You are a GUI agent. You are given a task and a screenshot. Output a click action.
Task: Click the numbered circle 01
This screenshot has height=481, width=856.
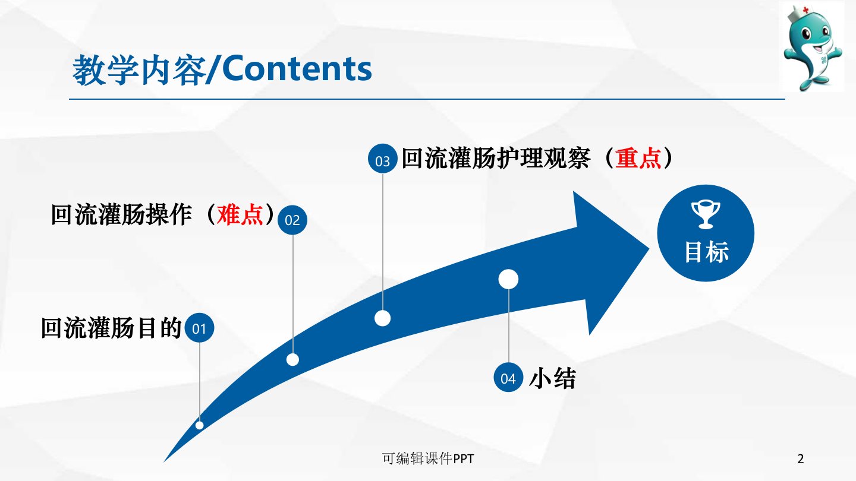point(199,328)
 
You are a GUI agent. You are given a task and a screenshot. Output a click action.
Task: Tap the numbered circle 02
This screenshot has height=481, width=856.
point(292,220)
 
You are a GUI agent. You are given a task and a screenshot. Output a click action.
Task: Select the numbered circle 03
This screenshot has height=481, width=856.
point(383,159)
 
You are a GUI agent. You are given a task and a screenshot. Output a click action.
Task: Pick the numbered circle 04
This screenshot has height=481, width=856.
point(508,378)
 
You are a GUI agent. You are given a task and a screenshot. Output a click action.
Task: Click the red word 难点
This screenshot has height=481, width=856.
point(240,215)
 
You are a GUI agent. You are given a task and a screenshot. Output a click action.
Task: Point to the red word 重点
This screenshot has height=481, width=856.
point(638,158)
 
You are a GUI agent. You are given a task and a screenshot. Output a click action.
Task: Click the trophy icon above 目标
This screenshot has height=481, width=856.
point(706,214)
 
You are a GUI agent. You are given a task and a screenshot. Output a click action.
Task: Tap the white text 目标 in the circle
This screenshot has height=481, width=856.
point(707,252)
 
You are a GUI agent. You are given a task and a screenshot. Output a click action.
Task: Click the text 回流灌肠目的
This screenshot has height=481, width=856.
point(111,328)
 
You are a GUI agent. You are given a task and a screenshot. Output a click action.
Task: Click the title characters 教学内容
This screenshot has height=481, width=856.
point(139,70)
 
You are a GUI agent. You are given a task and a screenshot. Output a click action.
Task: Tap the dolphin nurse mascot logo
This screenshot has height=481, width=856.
point(811,46)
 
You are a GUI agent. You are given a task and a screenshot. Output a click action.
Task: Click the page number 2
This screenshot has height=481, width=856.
point(801,458)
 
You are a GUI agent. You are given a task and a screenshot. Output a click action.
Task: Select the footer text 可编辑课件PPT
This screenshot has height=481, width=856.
point(428,458)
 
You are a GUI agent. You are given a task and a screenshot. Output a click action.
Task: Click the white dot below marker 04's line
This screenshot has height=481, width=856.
point(508,279)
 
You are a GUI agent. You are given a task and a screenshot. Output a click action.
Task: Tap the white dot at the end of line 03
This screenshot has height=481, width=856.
point(383,318)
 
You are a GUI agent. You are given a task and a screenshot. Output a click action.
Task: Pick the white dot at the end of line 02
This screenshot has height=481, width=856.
point(292,360)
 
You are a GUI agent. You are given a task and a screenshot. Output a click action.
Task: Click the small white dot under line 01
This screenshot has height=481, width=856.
point(200,425)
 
